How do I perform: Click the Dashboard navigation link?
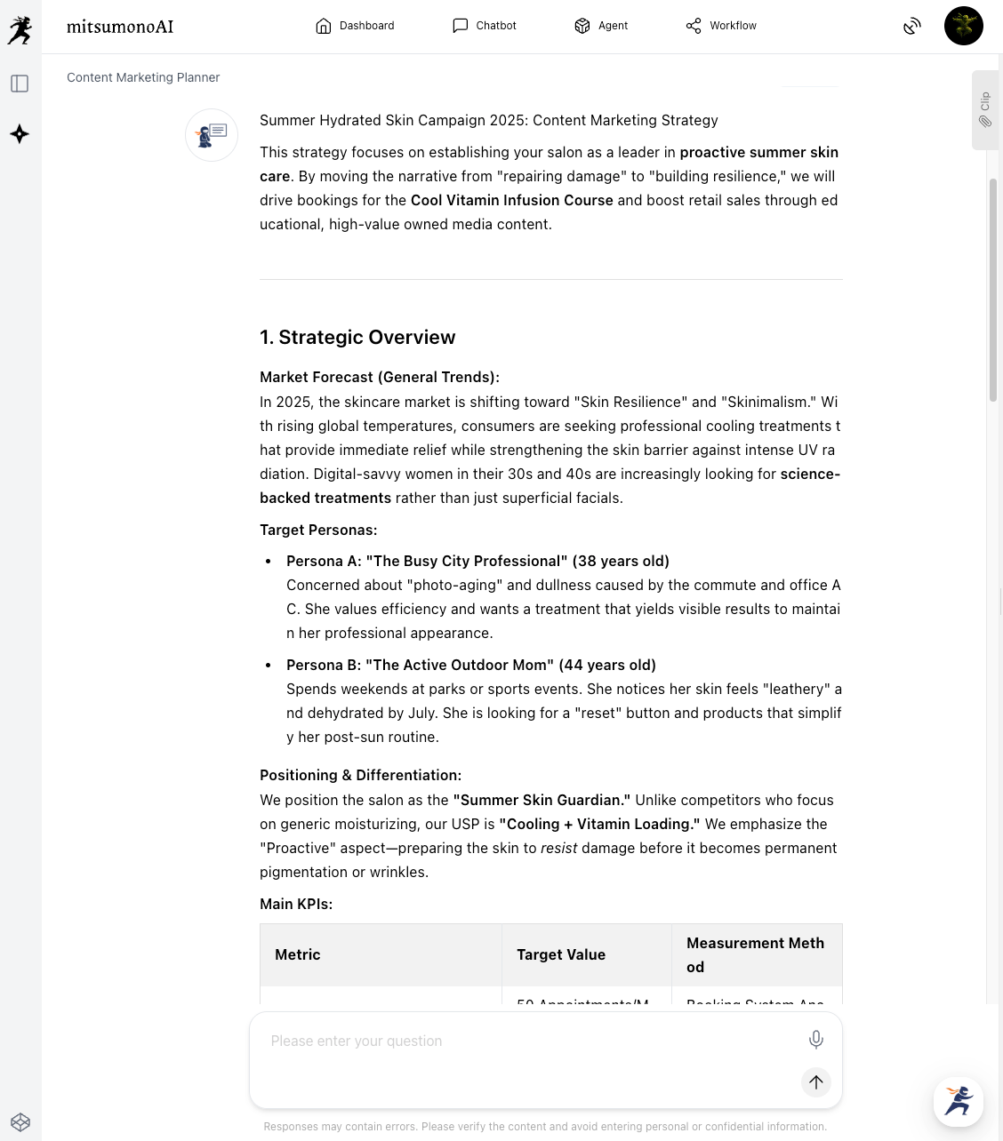tap(355, 26)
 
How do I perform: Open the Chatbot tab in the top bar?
tap(485, 26)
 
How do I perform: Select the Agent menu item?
tap(602, 26)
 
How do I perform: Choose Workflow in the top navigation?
tap(721, 26)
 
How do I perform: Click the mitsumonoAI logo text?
tap(120, 27)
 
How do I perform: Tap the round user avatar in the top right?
tap(963, 26)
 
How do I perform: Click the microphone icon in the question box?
tap(815, 1039)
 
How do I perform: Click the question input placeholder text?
tap(357, 1041)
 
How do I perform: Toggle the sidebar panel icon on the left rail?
tap(20, 84)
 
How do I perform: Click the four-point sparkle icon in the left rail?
tap(20, 134)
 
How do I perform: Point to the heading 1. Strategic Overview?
tap(357, 338)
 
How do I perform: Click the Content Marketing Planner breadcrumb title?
tap(143, 77)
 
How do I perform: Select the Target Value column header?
tap(561, 954)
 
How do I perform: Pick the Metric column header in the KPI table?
tap(298, 954)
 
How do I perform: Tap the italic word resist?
tap(558, 848)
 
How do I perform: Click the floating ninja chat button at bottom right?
tap(958, 1101)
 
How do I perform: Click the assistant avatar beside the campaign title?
tap(212, 135)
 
